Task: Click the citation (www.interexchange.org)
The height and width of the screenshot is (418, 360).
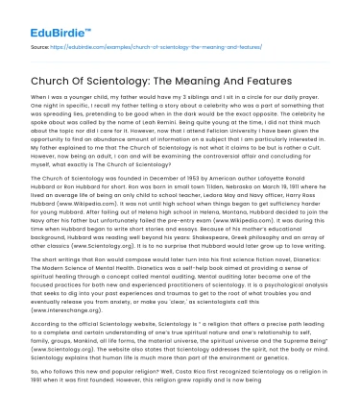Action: tap(67, 310)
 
